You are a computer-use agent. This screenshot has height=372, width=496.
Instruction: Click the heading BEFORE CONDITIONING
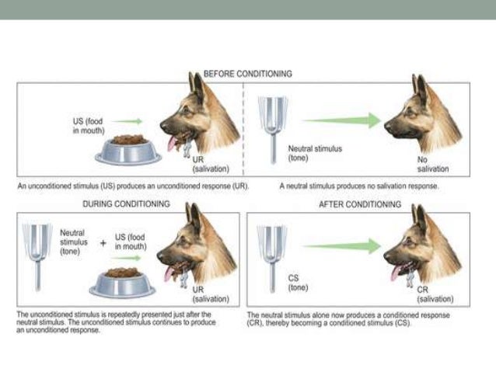(247, 74)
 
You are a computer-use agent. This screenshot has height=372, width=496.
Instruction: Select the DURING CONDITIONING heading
(125, 204)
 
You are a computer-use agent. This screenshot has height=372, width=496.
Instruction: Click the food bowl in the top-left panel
(129, 148)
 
